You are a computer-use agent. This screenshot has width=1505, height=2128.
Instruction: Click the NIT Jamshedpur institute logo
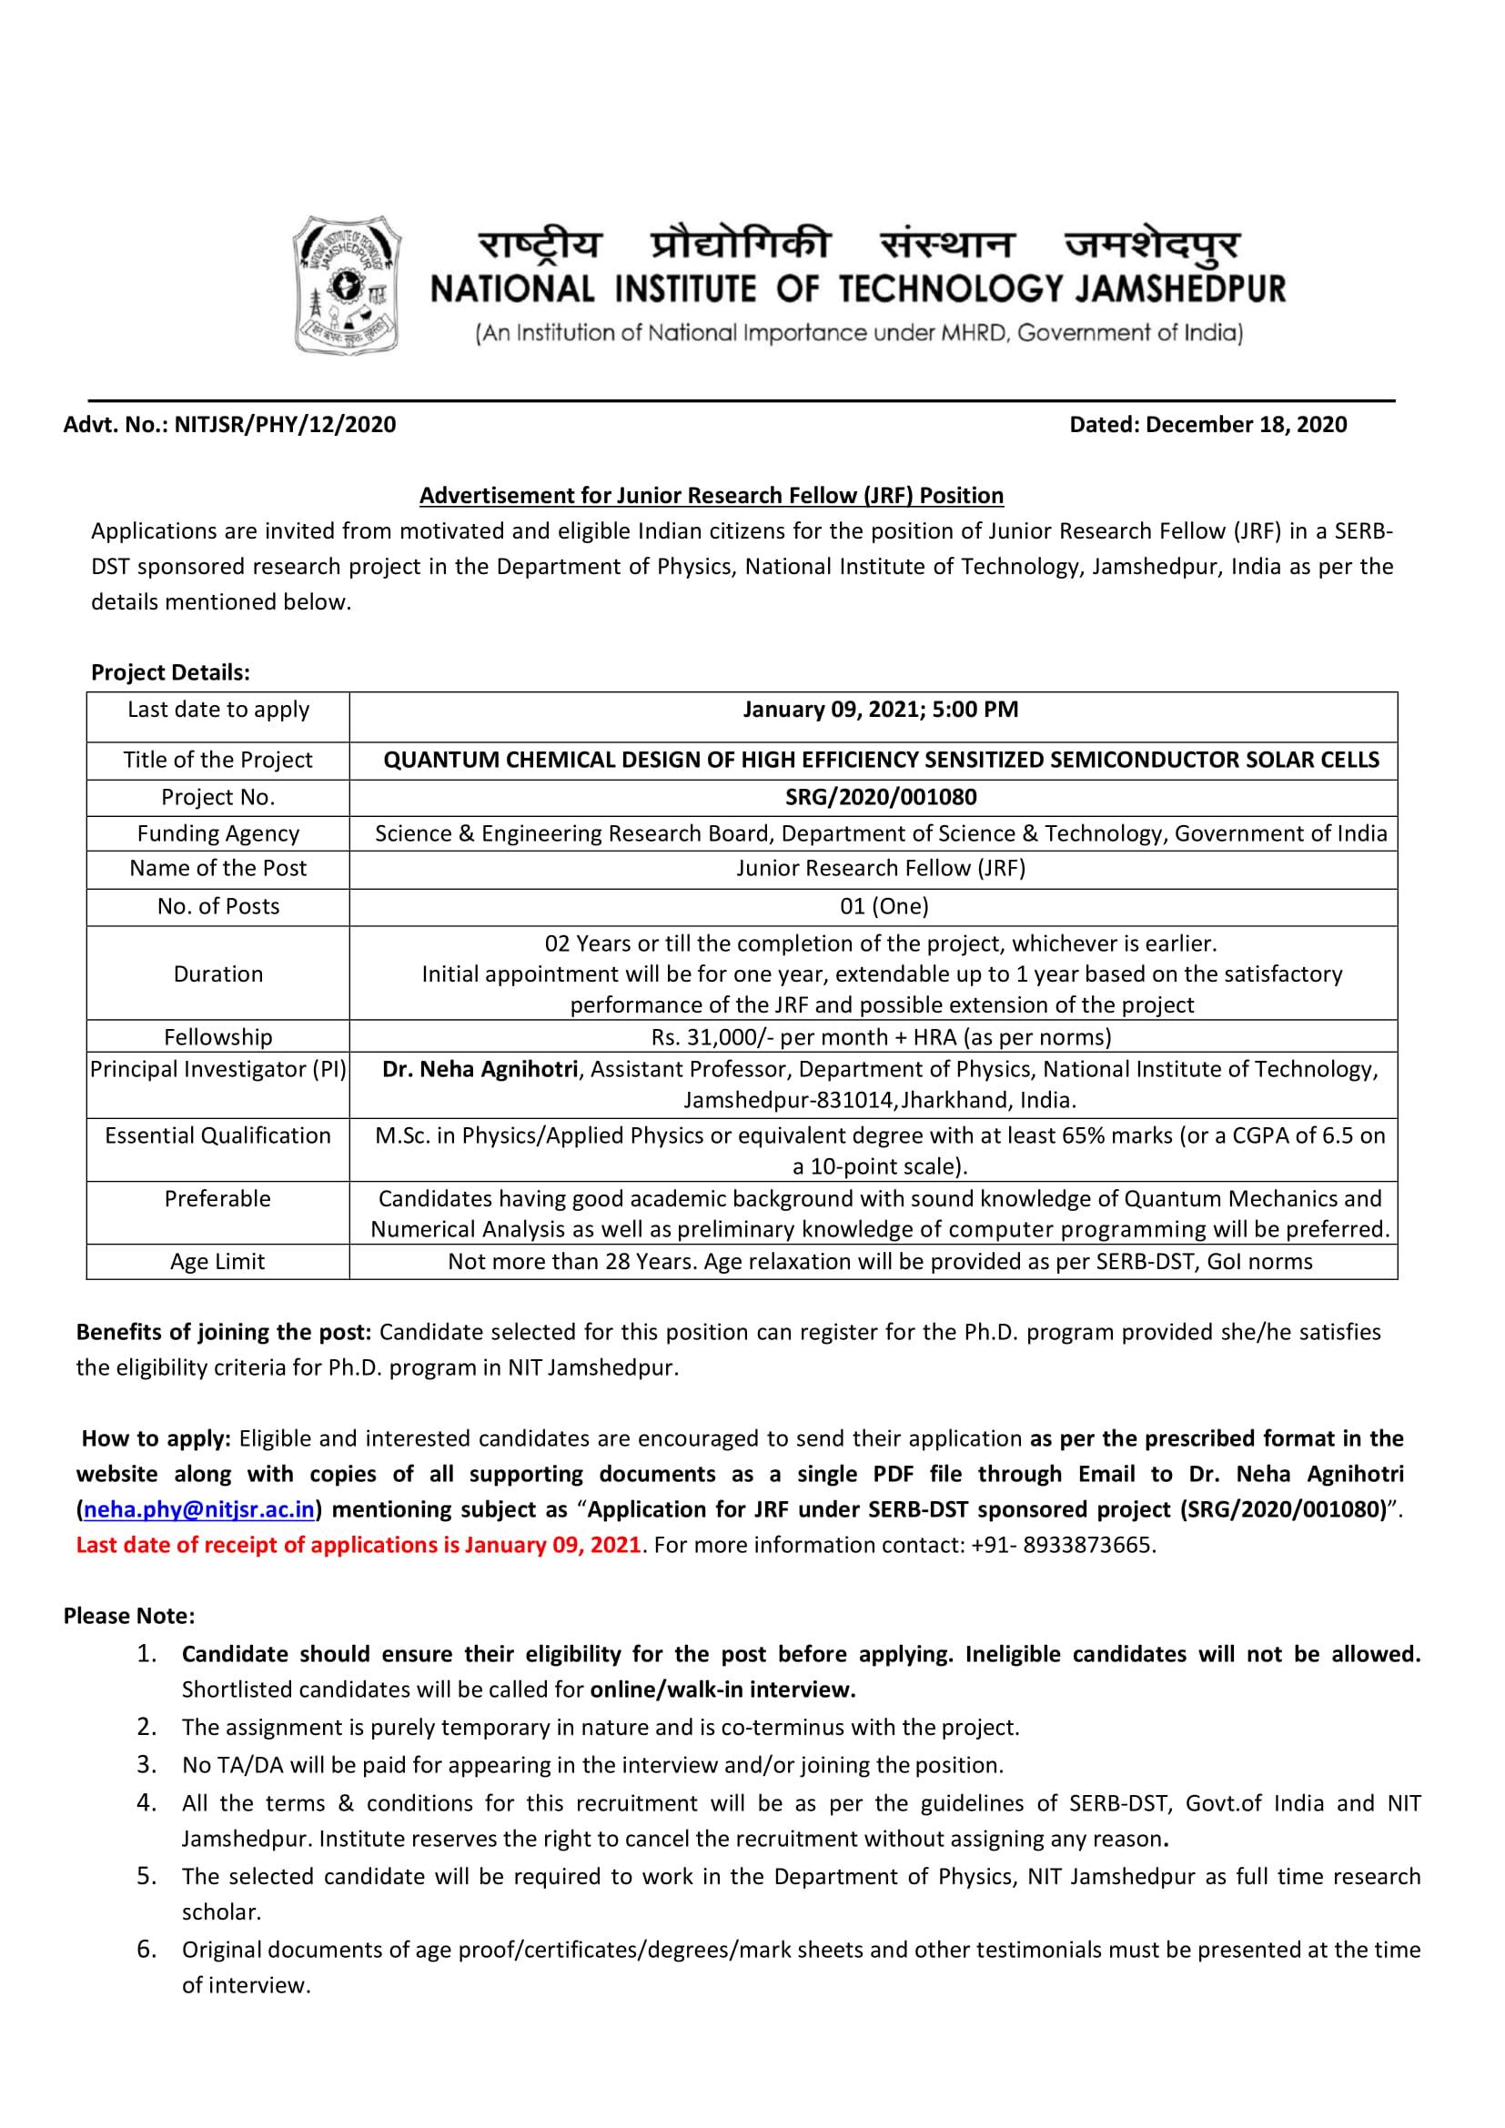pyautogui.click(x=348, y=284)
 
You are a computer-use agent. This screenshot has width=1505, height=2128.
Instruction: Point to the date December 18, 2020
pyautogui.click(x=1246, y=425)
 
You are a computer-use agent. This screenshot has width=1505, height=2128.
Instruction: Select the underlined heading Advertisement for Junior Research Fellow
pyautogui.click(x=711, y=496)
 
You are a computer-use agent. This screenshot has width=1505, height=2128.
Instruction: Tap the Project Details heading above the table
pyautogui.click(x=170, y=672)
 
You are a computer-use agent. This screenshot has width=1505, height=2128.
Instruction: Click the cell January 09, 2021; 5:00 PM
pyautogui.click(x=880, y=710)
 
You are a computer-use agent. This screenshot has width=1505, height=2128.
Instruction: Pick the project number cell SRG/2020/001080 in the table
pyautogui.click(x=881, y=797)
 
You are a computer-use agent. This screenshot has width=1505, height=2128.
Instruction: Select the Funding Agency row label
pyautogui.click(x=217, y=834)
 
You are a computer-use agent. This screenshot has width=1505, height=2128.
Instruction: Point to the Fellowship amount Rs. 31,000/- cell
pyautogui.click(x=881, y=1037)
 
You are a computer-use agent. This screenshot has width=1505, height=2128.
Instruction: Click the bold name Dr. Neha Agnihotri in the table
pyautogui.click(x=480, y=1070)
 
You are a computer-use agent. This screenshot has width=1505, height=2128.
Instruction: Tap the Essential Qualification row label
pyautogui.click(x=217, y=1136)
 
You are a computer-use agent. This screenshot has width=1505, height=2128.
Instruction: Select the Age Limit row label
pyautogui.click(x=217, y=1261)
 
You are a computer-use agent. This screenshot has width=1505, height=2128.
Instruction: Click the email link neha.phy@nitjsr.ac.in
pyautogui.click(x=198, y=1510)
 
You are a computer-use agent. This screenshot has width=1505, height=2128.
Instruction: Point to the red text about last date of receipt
pyautogui.click(x=358, y=1545)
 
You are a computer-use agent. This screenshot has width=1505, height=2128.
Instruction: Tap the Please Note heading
pyautogui.click(x=129, y=1617)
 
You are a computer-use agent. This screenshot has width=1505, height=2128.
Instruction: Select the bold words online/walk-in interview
pyautogui.click(x=722, y=1689)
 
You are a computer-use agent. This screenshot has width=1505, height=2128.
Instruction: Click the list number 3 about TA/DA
pyautogui.click(x=146, y=1765)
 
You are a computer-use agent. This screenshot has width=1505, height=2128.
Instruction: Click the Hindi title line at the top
pyautogui.click(x=858, y=245)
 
